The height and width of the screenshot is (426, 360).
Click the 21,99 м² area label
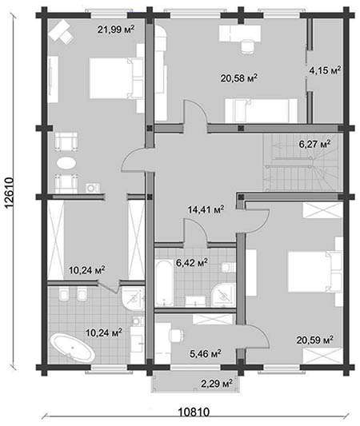click(116, 29)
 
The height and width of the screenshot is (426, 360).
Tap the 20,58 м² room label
click(239, 78)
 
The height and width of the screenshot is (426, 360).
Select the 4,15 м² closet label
click(325, 70)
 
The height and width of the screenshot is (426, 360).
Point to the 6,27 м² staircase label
click(315, 144)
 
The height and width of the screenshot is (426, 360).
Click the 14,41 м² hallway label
click(206, 209)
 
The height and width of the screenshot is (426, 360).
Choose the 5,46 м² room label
click(206, 353)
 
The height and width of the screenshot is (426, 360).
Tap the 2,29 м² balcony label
click(217, 384)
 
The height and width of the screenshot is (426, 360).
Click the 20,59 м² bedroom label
click(315, 340)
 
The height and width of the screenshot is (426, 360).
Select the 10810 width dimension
click(194, 412)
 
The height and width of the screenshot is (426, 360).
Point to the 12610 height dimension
click(9, 193)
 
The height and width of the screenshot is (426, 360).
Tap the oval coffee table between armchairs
click(66, 164)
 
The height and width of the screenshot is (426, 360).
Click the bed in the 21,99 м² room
click(116, 78)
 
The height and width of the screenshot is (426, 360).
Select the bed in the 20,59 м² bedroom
click(315, 272)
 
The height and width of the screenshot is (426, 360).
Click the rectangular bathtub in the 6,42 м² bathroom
click(164, 283)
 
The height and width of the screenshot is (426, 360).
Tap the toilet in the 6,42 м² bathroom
click(228, 267)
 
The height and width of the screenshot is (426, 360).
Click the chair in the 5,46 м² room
click(176, 336)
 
